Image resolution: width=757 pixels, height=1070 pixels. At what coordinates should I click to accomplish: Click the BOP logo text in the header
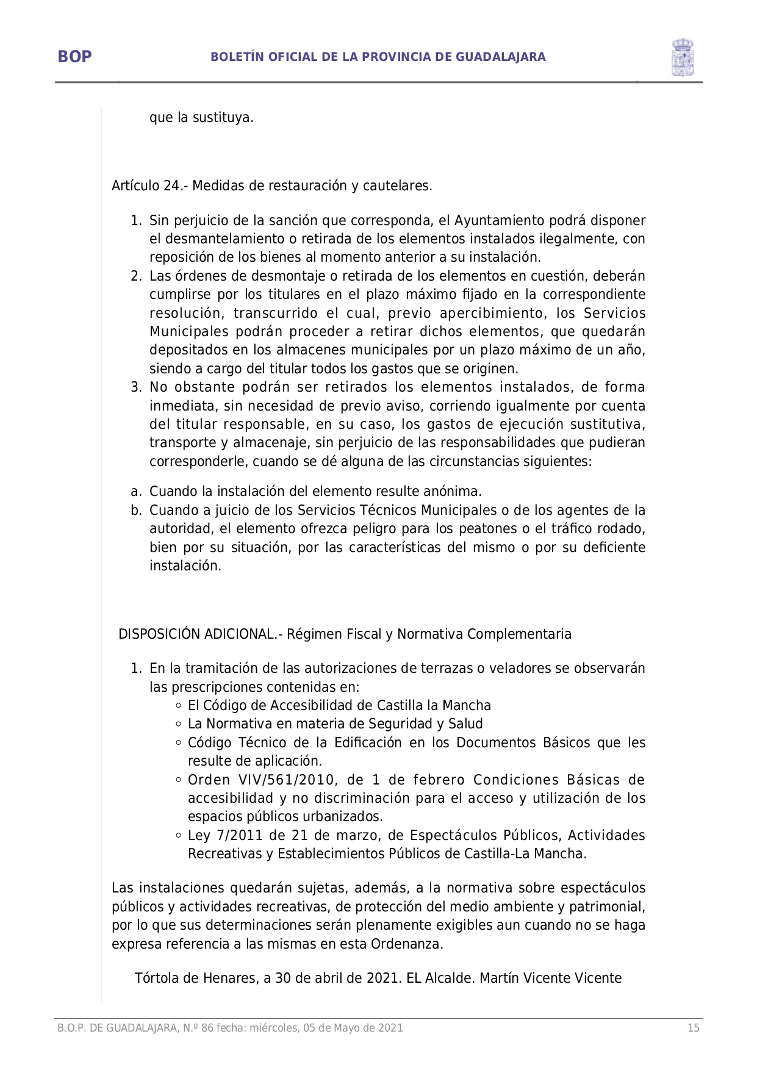point(74,57)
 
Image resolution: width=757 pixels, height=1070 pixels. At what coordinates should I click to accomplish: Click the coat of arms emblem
point(682,57)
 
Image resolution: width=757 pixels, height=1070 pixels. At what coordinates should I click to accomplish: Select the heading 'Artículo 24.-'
point(150,185)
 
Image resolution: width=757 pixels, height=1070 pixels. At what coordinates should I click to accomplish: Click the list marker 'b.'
point(136,510)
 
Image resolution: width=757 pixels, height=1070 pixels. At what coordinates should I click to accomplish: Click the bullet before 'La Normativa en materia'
point(178,724)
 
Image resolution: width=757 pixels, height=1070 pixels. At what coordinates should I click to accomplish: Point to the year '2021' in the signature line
point(382,978)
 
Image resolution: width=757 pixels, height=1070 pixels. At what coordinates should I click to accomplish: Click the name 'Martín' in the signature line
point(500,978)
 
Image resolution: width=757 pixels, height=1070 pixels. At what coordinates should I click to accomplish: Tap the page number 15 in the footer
point(693,1028)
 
